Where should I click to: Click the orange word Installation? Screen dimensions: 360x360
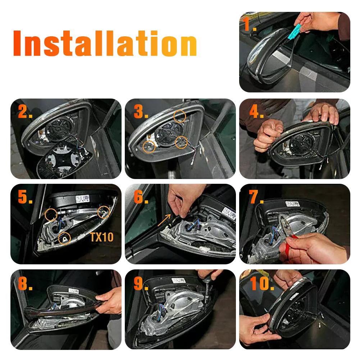[105, 43]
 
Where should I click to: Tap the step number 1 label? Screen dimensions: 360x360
[249, 24]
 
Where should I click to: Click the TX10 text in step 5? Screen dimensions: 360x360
[101, 237]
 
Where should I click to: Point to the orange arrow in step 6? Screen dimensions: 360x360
[164, 220]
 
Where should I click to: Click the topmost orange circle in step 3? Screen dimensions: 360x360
[179, 116]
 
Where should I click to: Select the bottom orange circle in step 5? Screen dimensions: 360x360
[64, 238]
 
